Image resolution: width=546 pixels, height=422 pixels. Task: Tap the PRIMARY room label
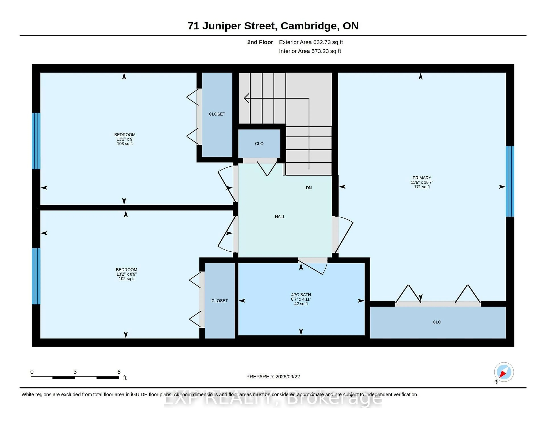click(422, 182)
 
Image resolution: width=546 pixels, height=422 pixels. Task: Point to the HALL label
click(280, 217)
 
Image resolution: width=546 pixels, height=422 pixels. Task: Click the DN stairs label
click(309, 188)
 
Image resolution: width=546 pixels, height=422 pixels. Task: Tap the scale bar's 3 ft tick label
click(75, 372)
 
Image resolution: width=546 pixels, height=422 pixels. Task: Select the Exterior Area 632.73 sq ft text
click(311, 42)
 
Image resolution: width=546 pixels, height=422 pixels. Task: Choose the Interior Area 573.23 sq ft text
click(310, 51)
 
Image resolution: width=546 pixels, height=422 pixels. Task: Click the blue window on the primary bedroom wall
click(510, 181)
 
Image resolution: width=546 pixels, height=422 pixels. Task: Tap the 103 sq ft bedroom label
click(125, 144)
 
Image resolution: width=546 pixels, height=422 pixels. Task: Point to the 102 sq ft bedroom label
click(127, 279)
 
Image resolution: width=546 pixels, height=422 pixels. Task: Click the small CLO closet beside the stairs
click(259, 143)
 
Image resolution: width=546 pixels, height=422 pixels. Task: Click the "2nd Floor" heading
click(260, 42)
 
